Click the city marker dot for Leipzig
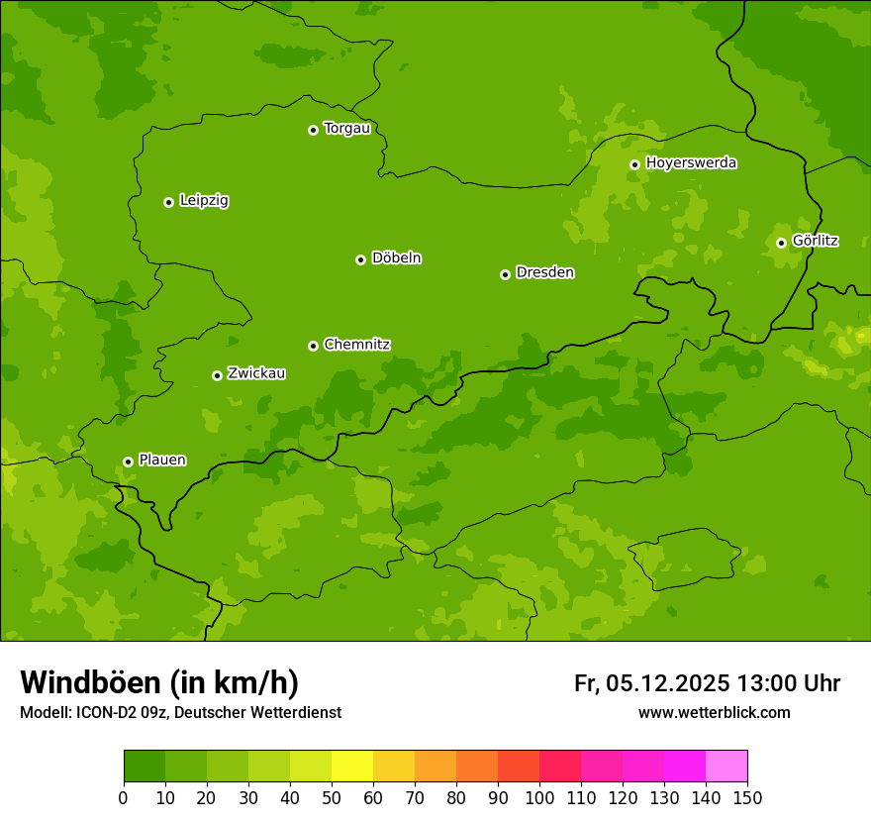(x=168, y=202)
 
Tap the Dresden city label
(x=544, y=272)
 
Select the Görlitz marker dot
(x=781, y=243)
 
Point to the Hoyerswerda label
(x=691, y=163)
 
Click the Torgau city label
(x=346, y=129)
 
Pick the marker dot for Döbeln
(x=360, y=259)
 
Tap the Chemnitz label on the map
(x=356, y=345)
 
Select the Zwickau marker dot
(x=217, y=375)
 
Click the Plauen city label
(x=161, y=461)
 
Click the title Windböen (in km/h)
(x=158, y=682)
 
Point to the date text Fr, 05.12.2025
(x=651, y=683)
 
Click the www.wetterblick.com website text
(x=714, y=713)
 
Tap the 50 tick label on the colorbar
(x=332, y=797)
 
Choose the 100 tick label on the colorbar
(x=539, y=797)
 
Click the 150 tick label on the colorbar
(x=747, y=797)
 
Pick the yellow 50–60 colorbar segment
(x=352, y=767)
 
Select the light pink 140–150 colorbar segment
(x=726, y=767)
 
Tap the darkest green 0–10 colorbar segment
(x=145, y=767)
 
